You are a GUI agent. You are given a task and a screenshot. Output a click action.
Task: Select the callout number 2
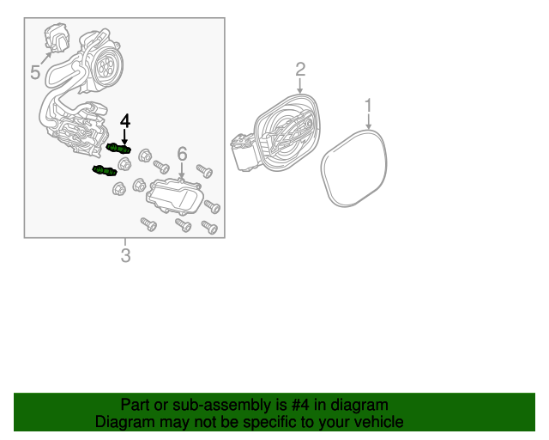300,69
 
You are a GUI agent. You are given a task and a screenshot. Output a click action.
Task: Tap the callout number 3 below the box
126,255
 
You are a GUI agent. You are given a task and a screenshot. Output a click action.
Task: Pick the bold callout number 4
125,120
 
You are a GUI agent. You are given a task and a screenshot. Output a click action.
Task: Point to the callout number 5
35,72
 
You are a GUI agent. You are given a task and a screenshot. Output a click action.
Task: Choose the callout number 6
182,154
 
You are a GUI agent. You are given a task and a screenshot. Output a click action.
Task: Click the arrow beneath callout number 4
125,137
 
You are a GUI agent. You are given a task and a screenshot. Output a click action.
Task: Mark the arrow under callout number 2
300,86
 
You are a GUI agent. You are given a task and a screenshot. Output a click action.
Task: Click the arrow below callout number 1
368,122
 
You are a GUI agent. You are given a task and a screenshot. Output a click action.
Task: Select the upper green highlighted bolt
118,149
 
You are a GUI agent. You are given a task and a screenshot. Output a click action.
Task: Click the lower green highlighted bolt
105,170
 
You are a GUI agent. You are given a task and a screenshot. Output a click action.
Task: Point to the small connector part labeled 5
56,36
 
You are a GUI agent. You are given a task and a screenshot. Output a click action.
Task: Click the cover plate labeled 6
173,196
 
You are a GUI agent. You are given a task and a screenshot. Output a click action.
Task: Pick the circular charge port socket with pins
106,64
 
